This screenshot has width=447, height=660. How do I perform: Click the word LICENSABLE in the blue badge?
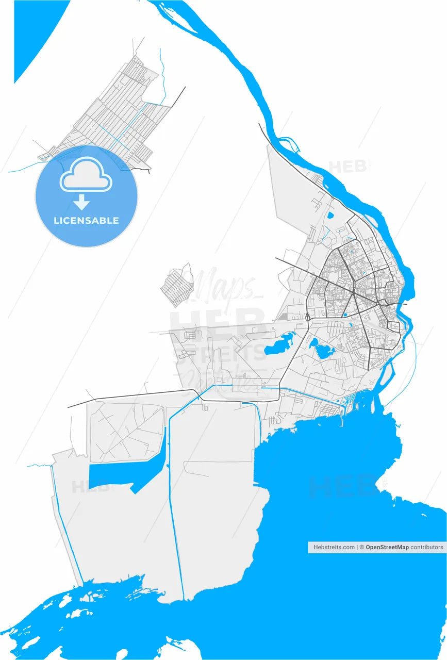86,220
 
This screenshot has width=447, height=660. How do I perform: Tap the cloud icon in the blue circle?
86,175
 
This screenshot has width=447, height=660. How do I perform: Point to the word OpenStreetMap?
387,547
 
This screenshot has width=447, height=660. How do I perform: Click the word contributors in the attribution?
427,547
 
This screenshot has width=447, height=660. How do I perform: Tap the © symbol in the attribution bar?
362,547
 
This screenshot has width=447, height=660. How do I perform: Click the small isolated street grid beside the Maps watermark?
175,286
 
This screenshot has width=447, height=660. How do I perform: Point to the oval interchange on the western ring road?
308,318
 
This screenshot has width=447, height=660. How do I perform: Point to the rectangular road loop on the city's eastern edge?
393,326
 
